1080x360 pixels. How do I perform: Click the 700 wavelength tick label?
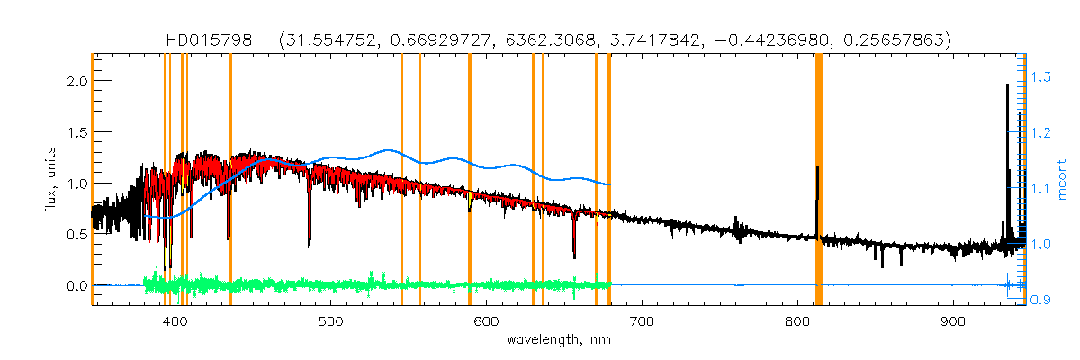[x=642, y=321]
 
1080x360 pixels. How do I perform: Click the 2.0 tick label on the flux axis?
[x=76, y=81]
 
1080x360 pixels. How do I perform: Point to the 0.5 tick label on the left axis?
[x=76, y=234]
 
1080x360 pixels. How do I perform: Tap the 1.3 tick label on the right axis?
[x=1041, y=78]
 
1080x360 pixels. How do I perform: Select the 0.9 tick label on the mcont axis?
[x=1041, y=300]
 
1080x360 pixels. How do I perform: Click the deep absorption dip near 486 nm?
[x=310, y=241]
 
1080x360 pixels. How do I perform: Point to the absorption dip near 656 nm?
[x=574, y=256]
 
